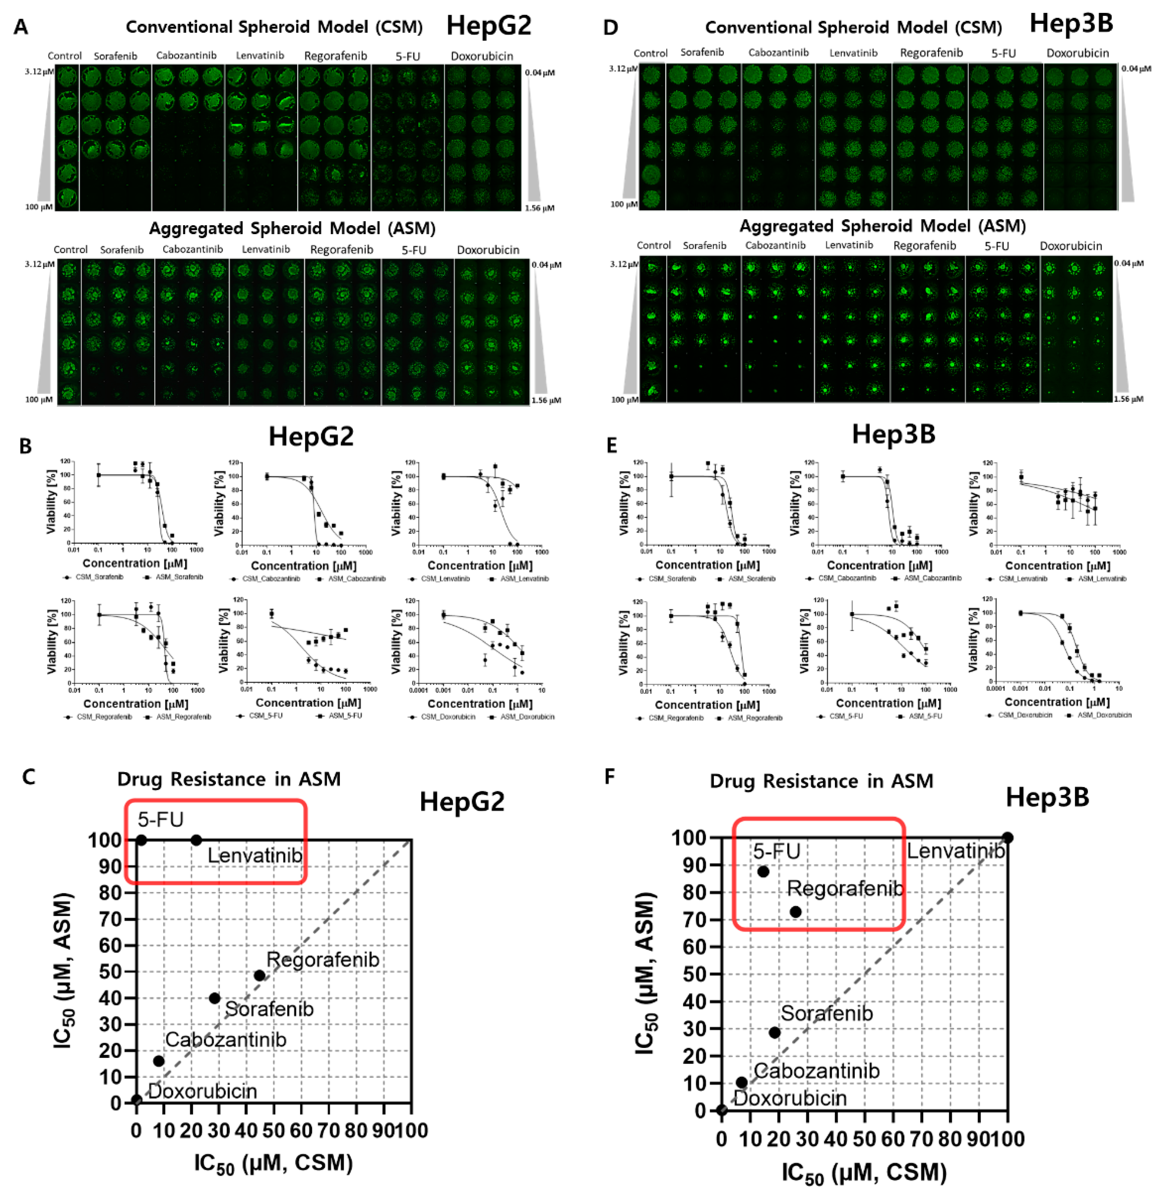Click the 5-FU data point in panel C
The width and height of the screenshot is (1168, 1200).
pyautogui.click(x=141, y=840)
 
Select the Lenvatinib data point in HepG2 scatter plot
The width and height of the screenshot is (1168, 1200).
pyautogui.click(x=196, y=840)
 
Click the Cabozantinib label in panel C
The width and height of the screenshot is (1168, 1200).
pyautogui.click(x=226, y=1039)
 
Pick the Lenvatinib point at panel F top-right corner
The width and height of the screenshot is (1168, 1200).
pyautogui.click(x=1007, y=837)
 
